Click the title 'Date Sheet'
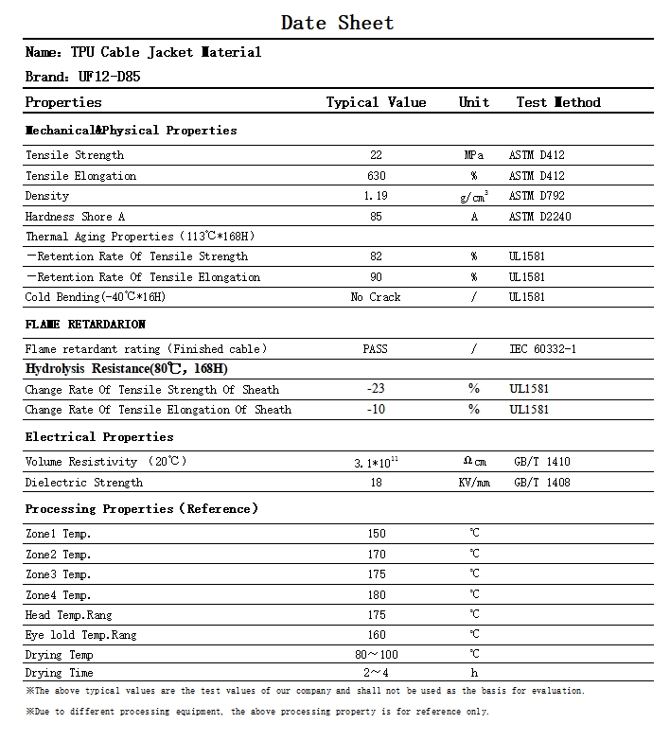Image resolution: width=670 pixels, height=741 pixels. (337, 23)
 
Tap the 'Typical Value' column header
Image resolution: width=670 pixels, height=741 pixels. (376, 102)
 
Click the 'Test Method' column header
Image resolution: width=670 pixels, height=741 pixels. (558, 102)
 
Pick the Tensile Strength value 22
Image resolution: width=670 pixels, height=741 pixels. (376, 155)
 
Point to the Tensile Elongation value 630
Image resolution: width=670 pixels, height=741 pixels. (376, 176)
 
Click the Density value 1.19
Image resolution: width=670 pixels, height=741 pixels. (376, 196)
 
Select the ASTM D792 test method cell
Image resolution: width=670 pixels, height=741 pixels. (537, 196)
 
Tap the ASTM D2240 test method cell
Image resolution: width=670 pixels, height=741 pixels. (539, 217)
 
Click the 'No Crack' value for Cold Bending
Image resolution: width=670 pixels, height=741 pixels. (376, 297)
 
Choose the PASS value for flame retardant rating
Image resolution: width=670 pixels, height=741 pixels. (376, 349)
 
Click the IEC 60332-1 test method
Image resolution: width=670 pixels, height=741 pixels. (542, 349)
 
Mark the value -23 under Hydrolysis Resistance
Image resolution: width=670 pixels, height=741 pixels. (376, 389)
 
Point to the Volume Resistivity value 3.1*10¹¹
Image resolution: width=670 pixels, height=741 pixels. (376, 462)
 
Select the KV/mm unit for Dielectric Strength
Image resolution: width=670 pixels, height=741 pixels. (474, 483)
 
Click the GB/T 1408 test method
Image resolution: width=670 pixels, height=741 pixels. (542, 483)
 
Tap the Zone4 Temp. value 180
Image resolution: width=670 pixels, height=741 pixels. (376, 594)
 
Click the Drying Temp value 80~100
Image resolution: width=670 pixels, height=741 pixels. (376, 655)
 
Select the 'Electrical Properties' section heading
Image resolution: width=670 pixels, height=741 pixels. (99, 437)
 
